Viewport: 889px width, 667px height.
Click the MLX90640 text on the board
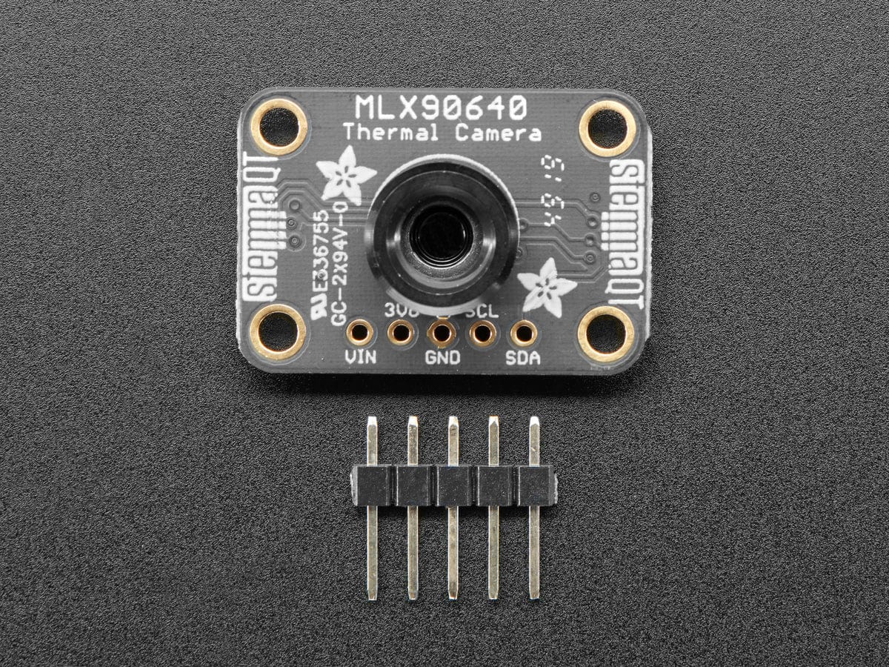point(441,108)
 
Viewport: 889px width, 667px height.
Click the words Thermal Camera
point(441,134)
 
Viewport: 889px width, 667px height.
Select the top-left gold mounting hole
point(281,125)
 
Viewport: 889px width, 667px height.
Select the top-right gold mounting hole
point(607,127)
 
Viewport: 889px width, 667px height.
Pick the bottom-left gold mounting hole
point(279,331)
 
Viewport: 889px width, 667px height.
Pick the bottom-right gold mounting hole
point(606,333)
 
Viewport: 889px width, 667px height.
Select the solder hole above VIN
point(361,333)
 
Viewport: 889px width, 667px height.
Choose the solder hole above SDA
point(524,334)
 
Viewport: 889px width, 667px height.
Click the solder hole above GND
point(442,333)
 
